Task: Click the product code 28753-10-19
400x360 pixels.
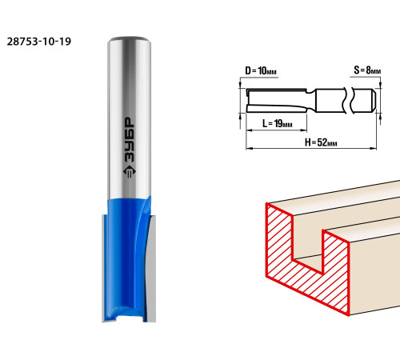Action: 39,42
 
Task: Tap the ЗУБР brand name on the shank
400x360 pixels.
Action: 130,139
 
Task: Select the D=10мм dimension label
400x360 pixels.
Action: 261,71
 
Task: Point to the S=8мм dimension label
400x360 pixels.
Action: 367,70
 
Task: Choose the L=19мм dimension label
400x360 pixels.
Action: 278,123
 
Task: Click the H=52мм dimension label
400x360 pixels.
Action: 321,142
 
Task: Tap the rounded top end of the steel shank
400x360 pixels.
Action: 130,39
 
